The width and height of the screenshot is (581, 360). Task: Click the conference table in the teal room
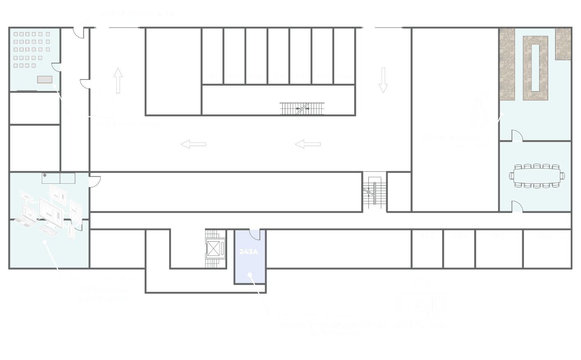pyautogui.click(x=537, y=176)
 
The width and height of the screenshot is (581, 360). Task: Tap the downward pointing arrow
pyautogui.click(x=383, y=80)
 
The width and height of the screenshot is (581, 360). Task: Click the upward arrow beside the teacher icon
pyautogui.click(x=118, y=81)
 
